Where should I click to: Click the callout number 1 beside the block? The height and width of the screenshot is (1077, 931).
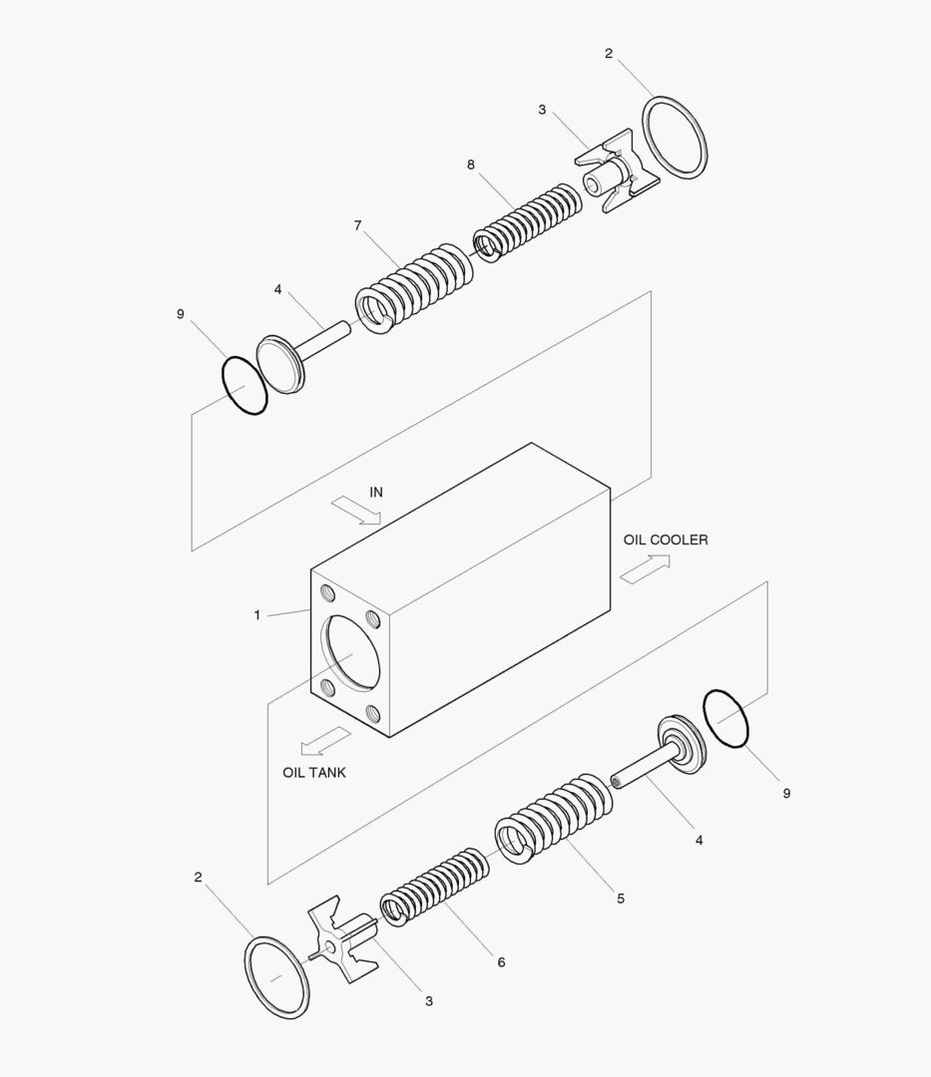point(256,615)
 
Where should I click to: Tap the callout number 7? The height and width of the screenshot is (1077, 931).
point(357,225)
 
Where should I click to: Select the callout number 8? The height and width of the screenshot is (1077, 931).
point(471,165)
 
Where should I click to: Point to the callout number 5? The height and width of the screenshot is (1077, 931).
point(621,898)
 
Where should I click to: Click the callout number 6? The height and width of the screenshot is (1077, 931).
point(501,962)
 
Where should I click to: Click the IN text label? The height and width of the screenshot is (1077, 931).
point(376,492)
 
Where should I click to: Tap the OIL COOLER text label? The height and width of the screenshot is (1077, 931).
point(666,539)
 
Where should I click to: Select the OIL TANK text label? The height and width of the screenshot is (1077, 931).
point(314,772)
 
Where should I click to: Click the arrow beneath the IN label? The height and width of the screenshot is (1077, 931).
point(356,512)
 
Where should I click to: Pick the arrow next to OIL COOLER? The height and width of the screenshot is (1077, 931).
point(645,568)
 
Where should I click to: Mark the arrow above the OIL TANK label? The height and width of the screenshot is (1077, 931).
point(326,741)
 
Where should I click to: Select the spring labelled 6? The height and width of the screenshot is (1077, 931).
point(433,888)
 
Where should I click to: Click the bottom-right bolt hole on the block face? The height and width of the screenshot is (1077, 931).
point(374,713)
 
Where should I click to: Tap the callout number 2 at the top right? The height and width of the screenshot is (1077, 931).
point(609,54)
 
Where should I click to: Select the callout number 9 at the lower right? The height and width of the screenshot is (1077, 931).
point(786,793)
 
